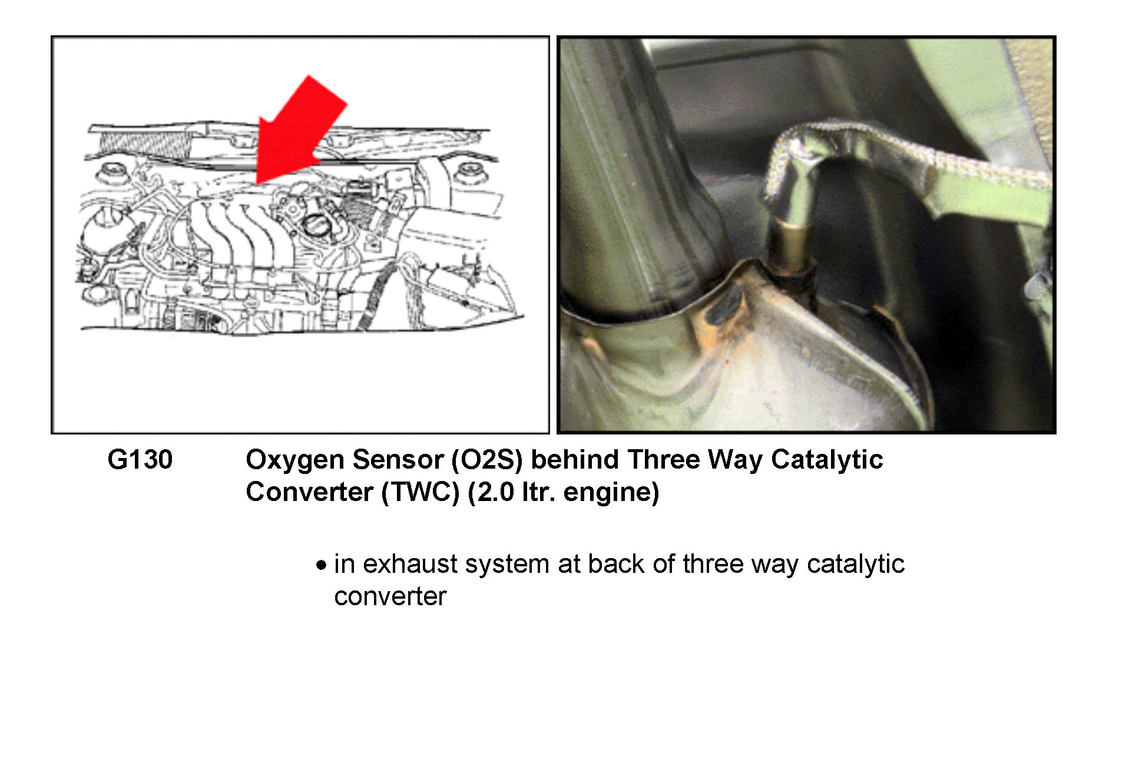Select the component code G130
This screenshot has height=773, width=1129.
click(140, 460)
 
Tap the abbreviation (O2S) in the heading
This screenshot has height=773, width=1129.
click(487, 460)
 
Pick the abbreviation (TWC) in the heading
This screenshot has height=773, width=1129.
click(421, 492)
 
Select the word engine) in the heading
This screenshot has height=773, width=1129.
click(611, 493)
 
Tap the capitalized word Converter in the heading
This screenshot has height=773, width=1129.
click(309, 492)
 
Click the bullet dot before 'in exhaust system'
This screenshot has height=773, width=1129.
click(321, 566)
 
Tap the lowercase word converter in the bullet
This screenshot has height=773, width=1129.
click(390, 597)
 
